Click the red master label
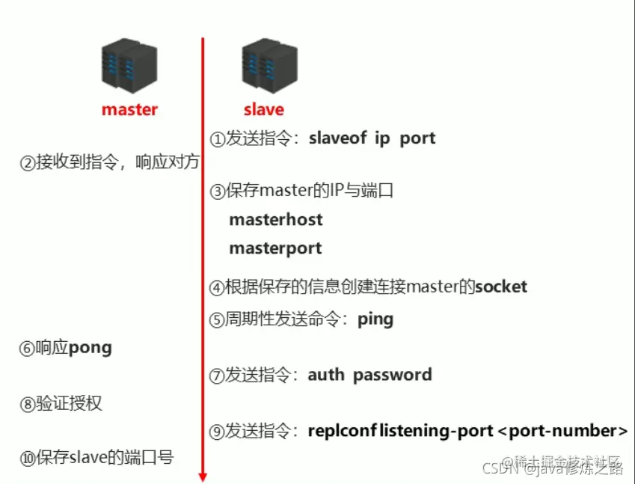point(129,109)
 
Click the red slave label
point(263,109)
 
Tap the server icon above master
point(129,67)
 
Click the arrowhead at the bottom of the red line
point(202,476)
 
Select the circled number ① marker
point(217,139)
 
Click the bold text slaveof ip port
point(372,138)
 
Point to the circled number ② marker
point(28,163)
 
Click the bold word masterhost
point(276,219)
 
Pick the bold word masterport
point(275,248)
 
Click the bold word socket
point(501,287)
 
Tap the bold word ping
point(375,319)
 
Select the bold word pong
point(90,348)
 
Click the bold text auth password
point(369,375)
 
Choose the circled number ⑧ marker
point(28,405)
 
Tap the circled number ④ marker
point(217,287)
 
